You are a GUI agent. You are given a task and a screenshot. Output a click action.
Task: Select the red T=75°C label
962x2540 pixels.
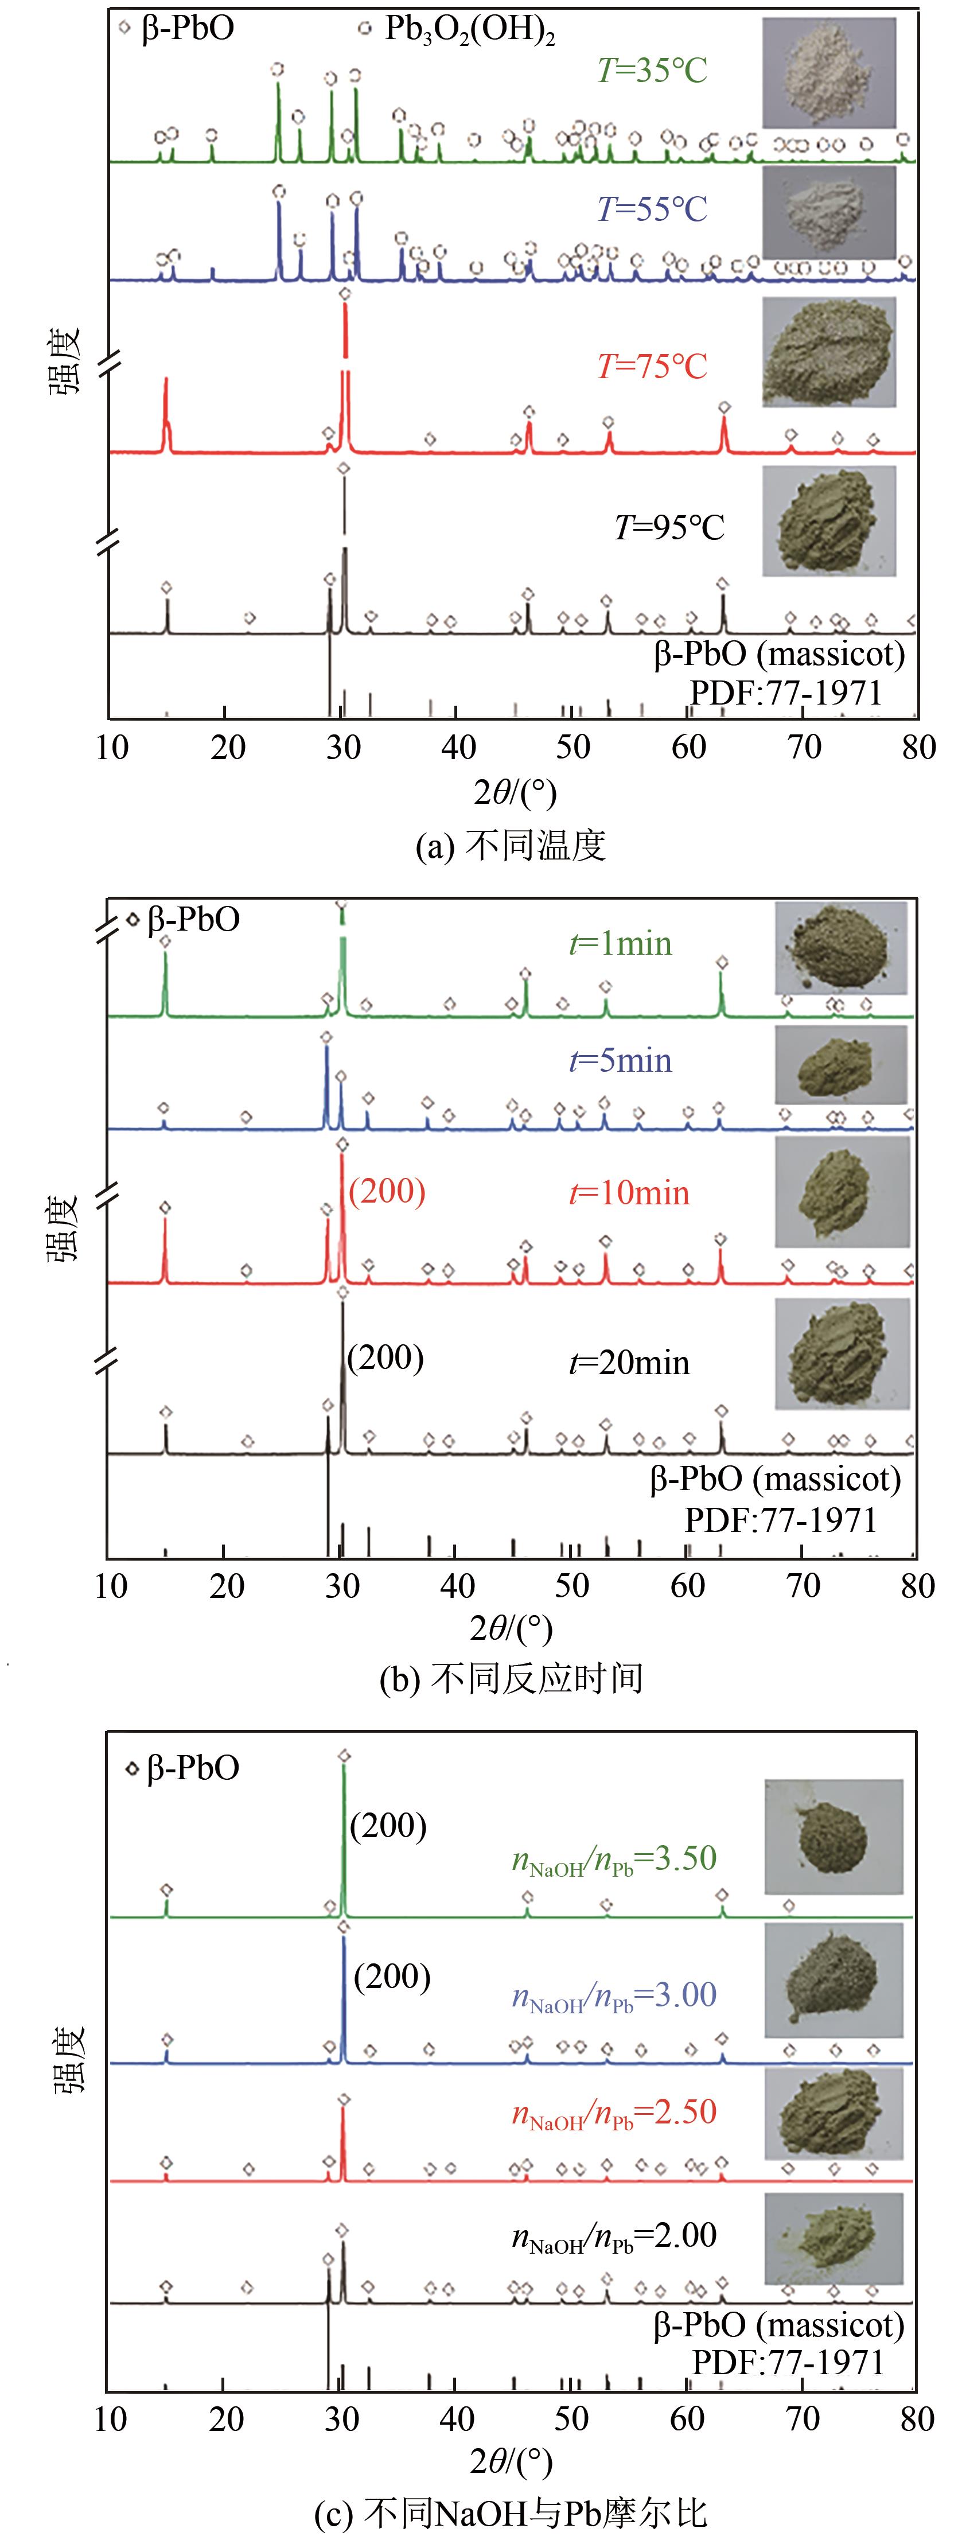652,367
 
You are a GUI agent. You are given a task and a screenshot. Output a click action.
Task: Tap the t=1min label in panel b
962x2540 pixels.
621,944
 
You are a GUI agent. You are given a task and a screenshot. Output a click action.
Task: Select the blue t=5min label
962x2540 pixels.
621,1061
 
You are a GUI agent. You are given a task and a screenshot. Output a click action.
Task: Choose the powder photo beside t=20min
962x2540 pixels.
842,1354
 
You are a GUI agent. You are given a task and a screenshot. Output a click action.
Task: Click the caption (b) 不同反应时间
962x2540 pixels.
511,1677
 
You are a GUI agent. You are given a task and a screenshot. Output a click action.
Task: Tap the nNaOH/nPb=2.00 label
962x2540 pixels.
613,2235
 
